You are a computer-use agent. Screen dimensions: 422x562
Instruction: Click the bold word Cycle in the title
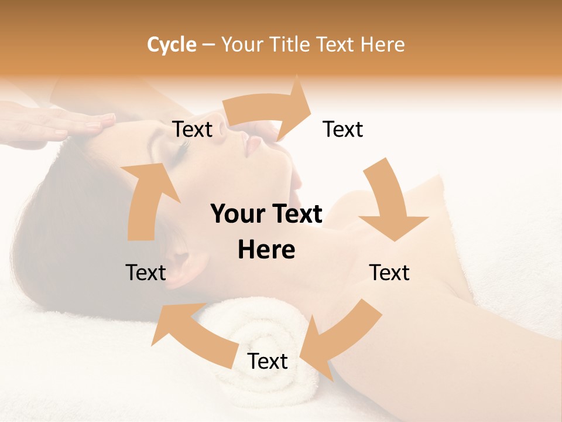[x=172, y=45]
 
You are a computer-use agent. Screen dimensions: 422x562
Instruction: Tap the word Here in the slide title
[x=383, y=45]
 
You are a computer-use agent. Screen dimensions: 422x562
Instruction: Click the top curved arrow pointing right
[x=269, y=108]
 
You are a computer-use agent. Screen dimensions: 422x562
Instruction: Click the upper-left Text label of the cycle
[x=192, y=130]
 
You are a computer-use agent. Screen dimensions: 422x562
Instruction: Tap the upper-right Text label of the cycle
[x=343, y=130]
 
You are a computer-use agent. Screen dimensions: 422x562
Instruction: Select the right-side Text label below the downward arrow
[x=389, y=273]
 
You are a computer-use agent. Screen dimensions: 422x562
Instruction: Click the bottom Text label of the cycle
[x=268, y=362]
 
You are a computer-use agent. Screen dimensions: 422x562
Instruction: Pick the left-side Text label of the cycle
[x=146, y=273]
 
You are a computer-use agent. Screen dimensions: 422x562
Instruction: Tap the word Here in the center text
[x=266, y=250]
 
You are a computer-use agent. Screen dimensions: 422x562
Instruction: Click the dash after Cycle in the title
[x=208, y=45]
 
